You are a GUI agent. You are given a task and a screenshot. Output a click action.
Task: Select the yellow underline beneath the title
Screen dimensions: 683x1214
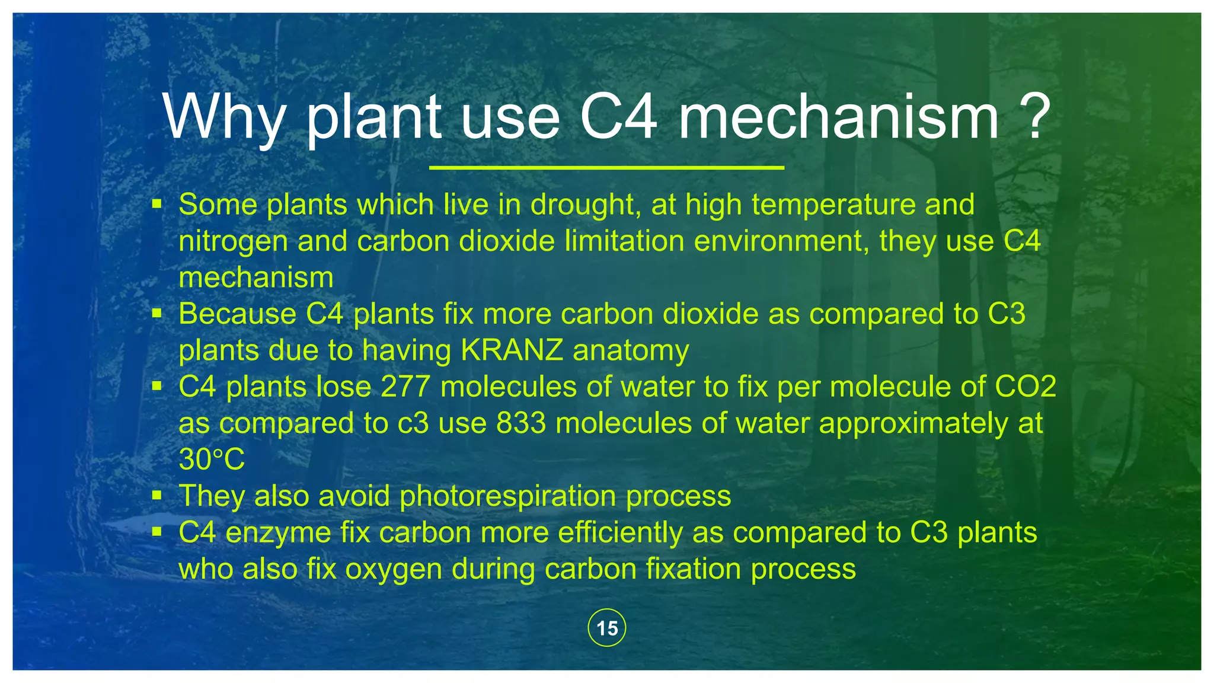(606, 168)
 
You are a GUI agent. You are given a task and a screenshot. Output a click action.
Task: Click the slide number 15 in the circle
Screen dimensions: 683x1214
(607, 628)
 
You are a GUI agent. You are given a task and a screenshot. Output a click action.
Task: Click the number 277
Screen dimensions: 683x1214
(405, 387)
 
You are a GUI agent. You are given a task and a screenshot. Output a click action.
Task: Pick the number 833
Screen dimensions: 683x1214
(521, 423)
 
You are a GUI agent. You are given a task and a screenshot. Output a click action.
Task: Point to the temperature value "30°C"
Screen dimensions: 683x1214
(212, 459)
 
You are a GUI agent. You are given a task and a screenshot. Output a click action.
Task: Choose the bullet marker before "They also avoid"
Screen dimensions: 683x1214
(156, 495)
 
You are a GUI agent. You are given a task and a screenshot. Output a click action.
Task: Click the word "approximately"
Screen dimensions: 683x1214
(913, 423)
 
